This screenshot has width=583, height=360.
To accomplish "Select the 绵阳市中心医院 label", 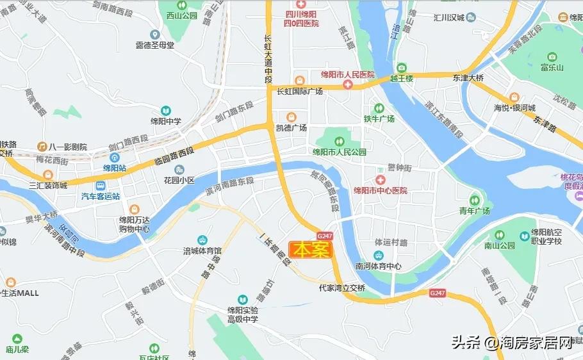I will coord(381,190).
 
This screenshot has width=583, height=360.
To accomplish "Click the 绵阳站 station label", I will coord(115,168).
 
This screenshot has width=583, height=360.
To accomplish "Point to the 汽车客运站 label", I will coord(100,197).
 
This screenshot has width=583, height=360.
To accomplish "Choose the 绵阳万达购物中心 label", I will coord(134,224).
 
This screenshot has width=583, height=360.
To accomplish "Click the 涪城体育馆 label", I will coord(202,250).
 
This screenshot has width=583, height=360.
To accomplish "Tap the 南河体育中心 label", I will coord(379,266).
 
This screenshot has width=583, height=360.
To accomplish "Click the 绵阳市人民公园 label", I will coord(339,152).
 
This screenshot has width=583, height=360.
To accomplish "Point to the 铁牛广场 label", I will coord(379,119).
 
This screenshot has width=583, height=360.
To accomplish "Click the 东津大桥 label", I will coord(468,78).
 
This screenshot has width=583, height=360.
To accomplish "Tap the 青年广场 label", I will coord(474,211).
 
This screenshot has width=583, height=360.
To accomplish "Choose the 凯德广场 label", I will coord(291,127).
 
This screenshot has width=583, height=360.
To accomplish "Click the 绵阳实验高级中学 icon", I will coord(242,299).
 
